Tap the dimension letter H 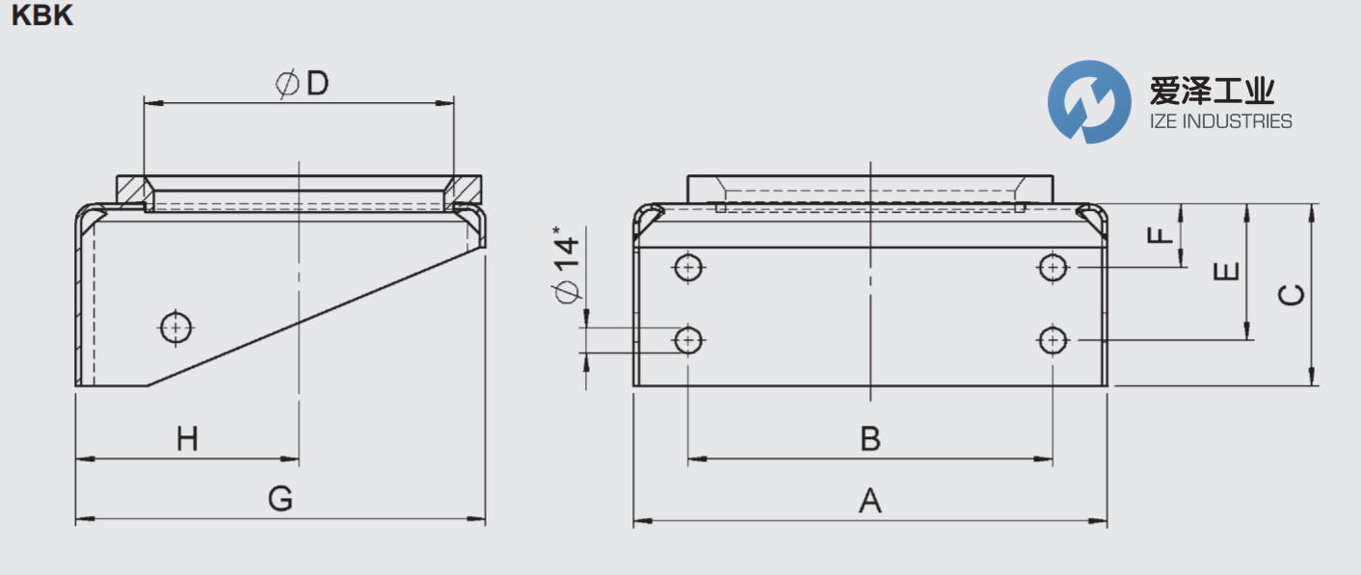[x=187, y=440]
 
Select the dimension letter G [x=280, y=500]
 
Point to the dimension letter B [x=870, y=439]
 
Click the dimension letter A [x=870, y=501]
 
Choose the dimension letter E [x=1225, y=273]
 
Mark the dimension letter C [x=1291, y=295]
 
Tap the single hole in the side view [x=175, y=327]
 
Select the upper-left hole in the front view [x=688, y=267]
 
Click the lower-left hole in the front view [x=688, y=339]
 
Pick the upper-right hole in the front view [x=1054, y=267]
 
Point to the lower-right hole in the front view [x=1054, y=339]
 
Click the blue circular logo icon [x=1089, y=102]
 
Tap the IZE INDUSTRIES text [x=1220, y=121]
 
